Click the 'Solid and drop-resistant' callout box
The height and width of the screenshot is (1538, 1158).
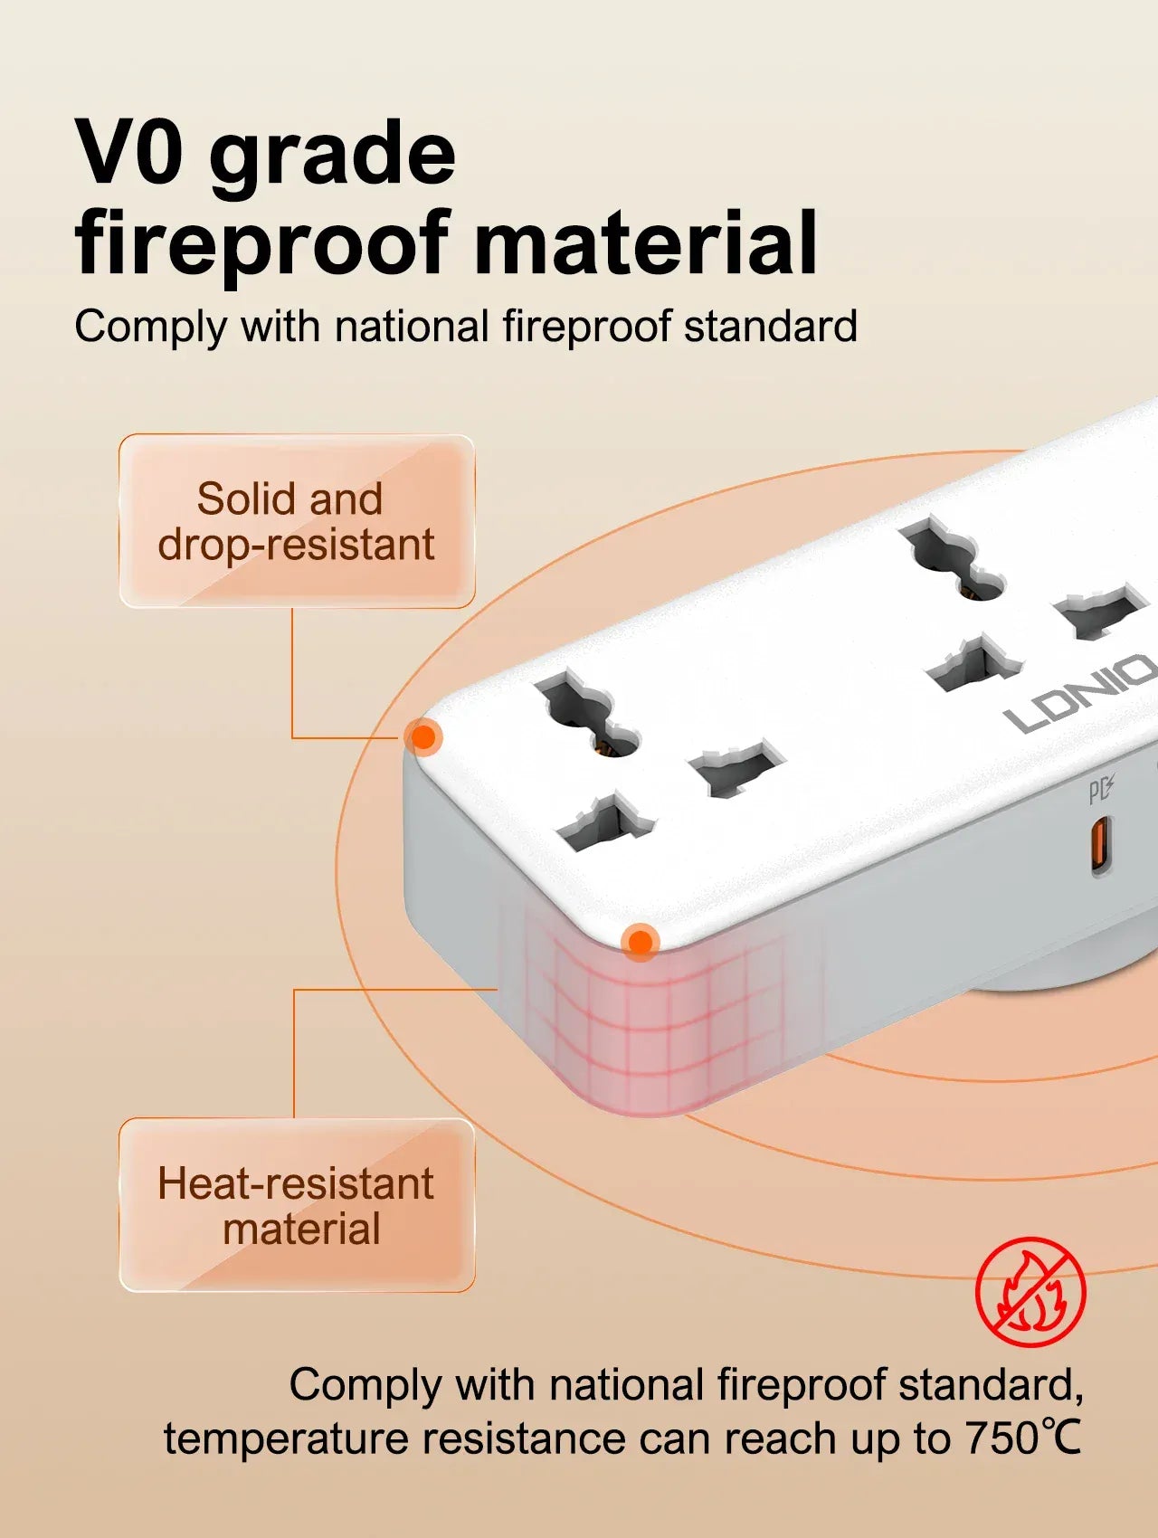[297, 521]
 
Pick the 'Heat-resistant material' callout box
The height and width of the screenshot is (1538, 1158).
[297, 1205]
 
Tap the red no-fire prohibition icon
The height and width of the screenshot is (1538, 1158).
[1030, 1291]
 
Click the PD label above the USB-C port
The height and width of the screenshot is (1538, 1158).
[1100, 791]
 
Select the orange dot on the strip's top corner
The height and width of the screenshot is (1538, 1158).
[422, 737]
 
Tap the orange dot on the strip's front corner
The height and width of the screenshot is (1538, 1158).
[641, 942]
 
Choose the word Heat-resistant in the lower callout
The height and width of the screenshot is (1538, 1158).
[296, 1183]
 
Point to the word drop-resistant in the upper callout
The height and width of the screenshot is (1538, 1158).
[296, 546]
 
